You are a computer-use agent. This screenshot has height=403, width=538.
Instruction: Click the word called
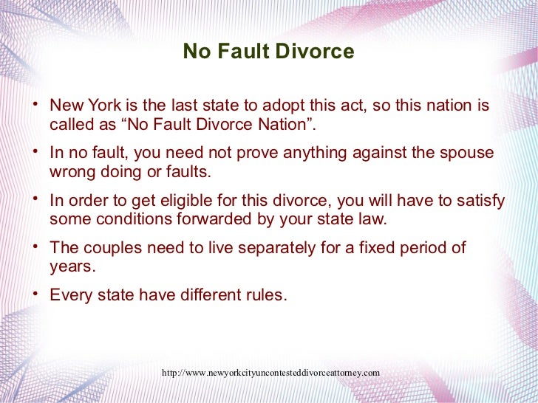pos(70,124)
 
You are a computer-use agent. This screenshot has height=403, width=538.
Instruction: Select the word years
pos(69,266)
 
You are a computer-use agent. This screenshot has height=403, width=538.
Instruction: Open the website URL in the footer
pos(270,373)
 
